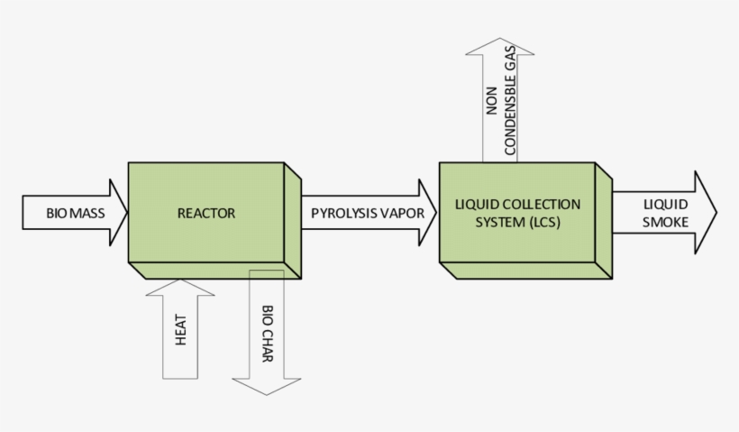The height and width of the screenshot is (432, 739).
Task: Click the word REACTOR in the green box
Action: coord(206,214)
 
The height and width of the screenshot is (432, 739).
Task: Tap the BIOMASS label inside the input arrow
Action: coord(75,214)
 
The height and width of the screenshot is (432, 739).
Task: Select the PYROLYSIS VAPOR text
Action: coord(360,214)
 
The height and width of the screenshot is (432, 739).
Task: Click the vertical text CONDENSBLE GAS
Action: coord(510,105)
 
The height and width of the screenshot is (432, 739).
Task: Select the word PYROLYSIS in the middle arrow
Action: coord(339,214)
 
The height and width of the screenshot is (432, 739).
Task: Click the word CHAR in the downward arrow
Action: coord(268,343)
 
